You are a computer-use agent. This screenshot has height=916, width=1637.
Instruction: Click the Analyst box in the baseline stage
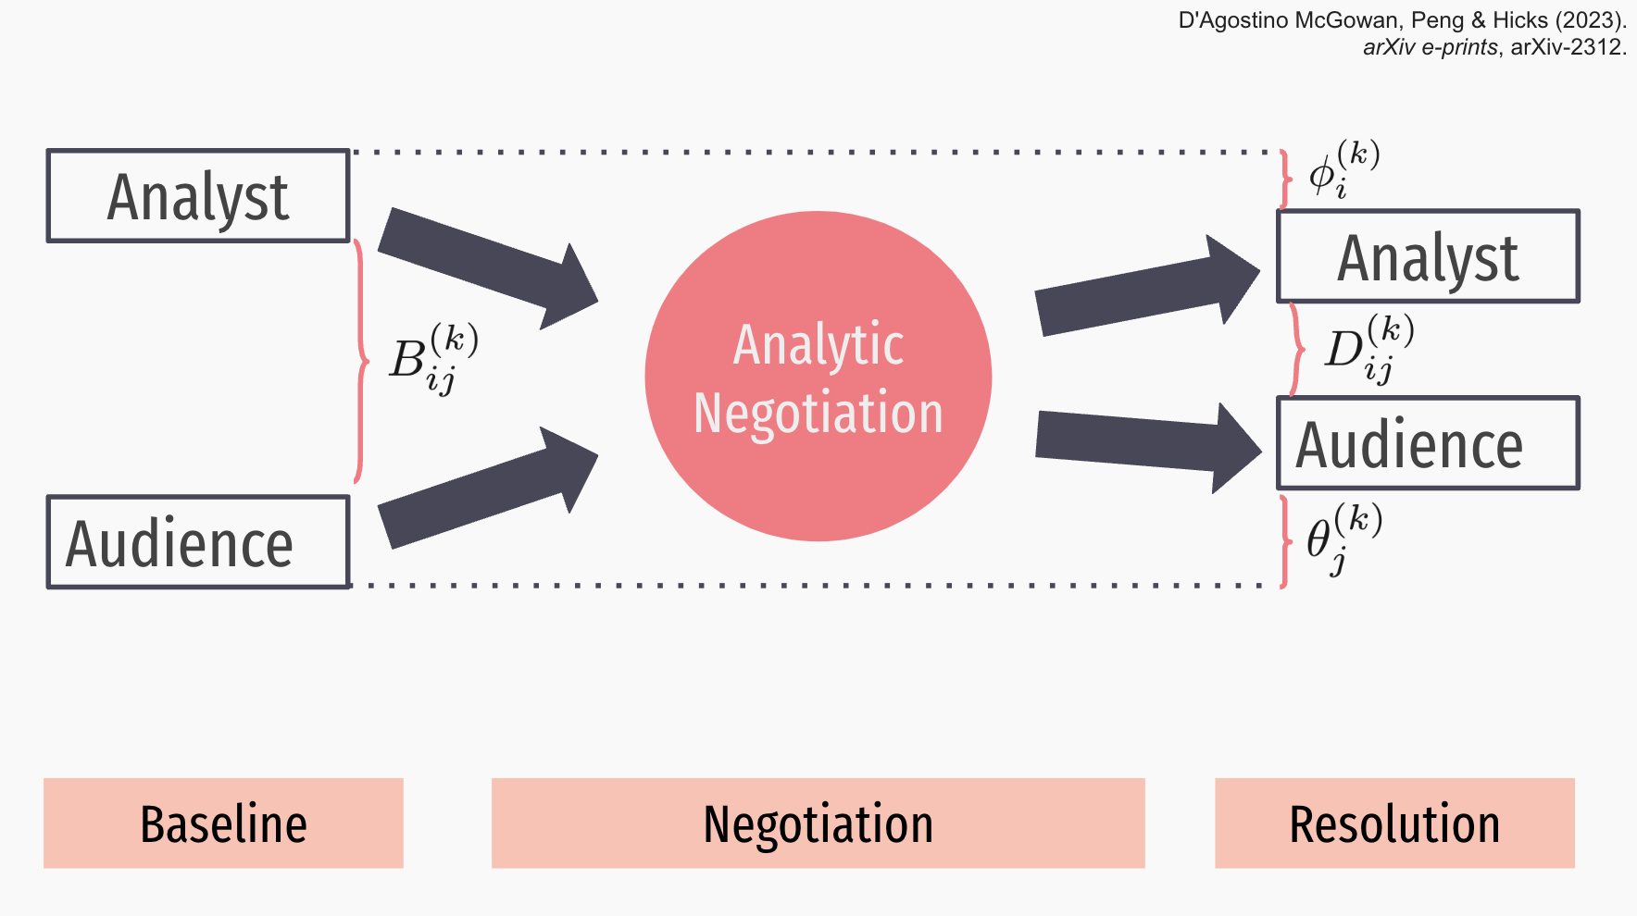(198, 196)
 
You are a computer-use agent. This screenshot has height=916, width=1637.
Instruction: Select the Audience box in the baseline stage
(198, 542)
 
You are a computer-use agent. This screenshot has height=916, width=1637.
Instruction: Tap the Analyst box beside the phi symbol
(1428, 256)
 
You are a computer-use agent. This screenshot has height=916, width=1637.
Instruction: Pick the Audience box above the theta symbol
(1428, 443)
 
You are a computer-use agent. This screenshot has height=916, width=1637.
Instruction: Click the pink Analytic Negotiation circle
(818, 376)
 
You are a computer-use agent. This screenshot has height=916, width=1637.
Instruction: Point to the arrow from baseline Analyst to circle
(488, 268)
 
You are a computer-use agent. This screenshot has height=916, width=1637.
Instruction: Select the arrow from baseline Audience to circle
(488, 488)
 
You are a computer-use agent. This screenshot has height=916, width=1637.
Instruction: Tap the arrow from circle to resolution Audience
(1148, 447)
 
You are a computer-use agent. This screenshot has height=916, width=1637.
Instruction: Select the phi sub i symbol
(1343, 169)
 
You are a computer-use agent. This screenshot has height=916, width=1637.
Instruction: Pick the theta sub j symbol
(1344, 538)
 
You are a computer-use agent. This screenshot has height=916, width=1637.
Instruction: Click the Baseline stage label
(223, 823)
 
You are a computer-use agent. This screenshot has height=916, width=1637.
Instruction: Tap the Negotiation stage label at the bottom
(818, 823)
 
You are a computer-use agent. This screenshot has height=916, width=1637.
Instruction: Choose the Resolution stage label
(1394, 823)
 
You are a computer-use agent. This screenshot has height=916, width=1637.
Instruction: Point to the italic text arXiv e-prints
(1431, 47)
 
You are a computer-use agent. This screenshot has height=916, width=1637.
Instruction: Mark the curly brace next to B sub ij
(361, 362)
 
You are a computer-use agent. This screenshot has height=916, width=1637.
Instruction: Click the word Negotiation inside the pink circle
(818, 413)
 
